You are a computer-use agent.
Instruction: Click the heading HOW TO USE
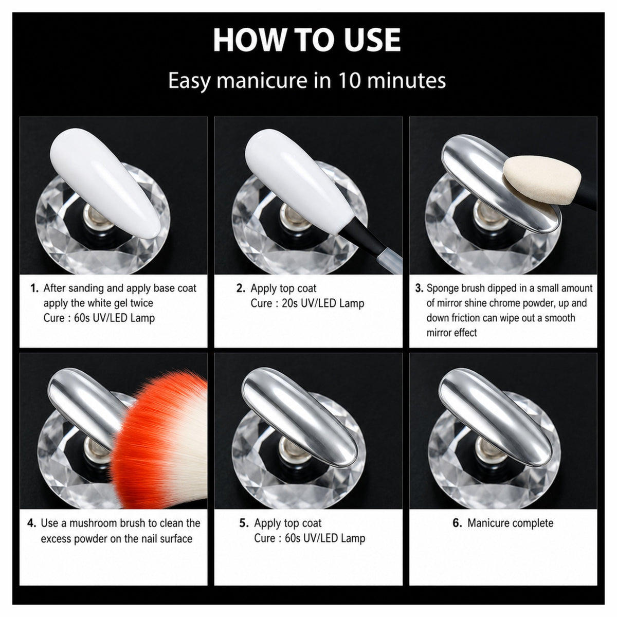(x=307, y=40)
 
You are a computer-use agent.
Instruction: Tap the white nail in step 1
(x=105, y=183)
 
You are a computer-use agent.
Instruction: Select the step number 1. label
(x=34, y=288)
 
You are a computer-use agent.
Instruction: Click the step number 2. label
(x=241, y=288)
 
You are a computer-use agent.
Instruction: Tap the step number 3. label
(x=420, y=288)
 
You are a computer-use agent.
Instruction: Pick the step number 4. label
(x=32, y=523)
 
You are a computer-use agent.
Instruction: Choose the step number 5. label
(x=244, y=523)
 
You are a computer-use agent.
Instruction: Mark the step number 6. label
(x=457, y=523)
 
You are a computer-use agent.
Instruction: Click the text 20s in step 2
(x=290, y=303)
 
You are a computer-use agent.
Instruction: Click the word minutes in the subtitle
(x=406, y=80)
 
